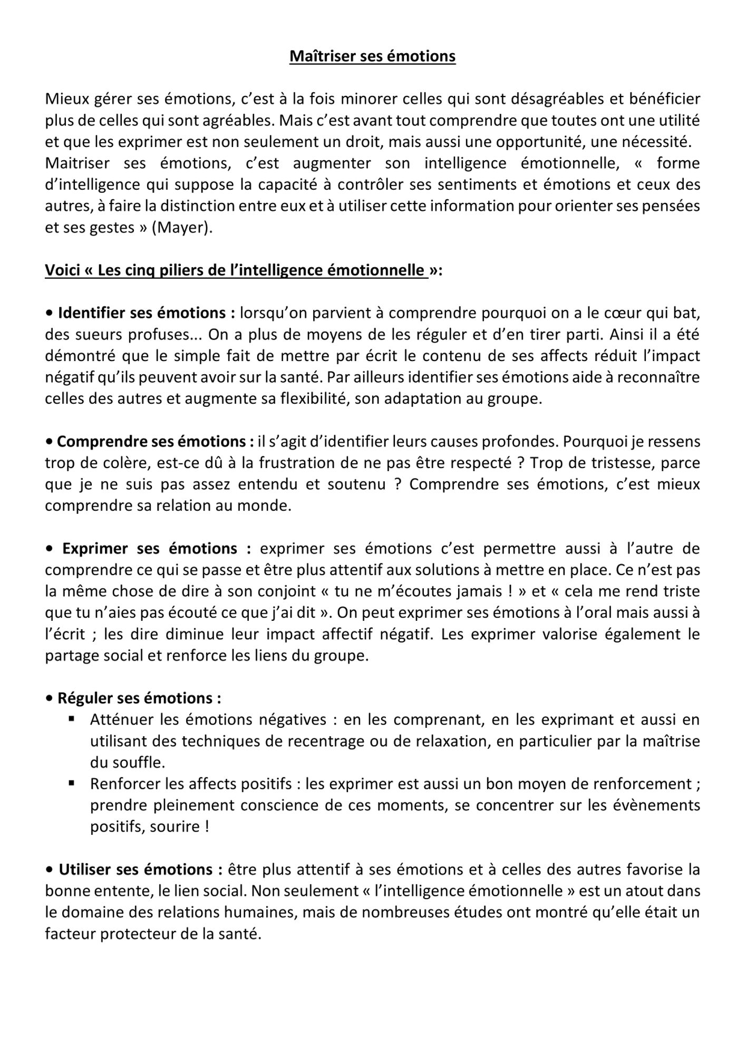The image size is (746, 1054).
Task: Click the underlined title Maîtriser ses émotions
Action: click(372, 56)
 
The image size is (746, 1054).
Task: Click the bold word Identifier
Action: click(89, 313)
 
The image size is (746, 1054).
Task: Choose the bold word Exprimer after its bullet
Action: click(96, 549)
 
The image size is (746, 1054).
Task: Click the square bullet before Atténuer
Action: click(72, 719)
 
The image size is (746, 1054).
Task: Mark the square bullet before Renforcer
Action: click(72, 783)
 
